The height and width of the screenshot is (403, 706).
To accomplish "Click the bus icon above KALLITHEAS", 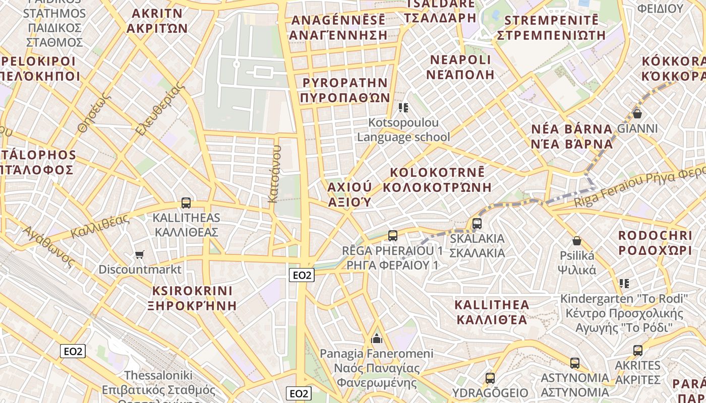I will click(186, 203).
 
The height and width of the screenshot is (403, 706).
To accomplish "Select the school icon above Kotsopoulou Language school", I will click(403, 108).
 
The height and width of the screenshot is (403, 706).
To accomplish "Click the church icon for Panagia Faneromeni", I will click(376, 338).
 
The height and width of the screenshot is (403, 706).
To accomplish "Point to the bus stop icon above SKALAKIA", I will click(477, 223).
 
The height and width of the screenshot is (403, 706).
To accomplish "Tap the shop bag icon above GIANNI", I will click(637, 114).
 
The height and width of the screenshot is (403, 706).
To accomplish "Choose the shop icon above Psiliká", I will click(576, 241).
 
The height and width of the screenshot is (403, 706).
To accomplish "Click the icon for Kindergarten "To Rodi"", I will click(624, 284).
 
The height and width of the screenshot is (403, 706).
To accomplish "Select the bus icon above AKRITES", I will click(638, 351).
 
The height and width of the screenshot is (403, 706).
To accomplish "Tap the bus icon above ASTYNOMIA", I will click(574, 363).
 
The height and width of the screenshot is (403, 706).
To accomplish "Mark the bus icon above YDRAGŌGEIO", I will click(490, 378).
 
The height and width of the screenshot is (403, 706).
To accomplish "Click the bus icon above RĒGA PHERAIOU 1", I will click(392, 235).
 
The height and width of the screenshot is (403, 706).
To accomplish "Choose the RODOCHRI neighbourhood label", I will click(655, 235).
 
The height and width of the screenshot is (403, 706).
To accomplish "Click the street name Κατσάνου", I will click(275, 174).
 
